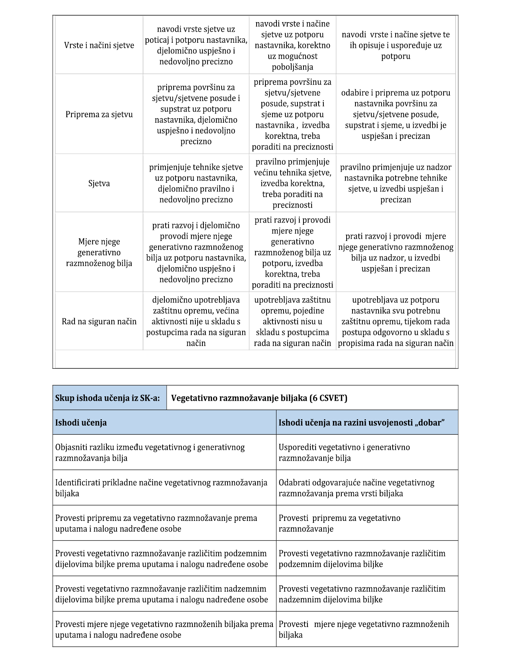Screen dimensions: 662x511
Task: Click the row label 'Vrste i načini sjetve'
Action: (x=99, y=45)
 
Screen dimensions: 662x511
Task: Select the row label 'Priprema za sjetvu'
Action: (x=99, y=114)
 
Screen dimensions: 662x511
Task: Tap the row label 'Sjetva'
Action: (x=99, y=183)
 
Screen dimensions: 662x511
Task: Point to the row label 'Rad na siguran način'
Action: (x=99, y=321)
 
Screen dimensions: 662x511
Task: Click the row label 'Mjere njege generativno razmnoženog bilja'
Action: (x=99, y=252)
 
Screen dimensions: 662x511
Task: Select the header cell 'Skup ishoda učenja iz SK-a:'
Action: (x=109, y=398)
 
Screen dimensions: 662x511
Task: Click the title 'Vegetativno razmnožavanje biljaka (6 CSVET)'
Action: (x=259, y=398)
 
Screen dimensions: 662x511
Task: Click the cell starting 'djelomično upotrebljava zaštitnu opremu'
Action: (x=196, y=321)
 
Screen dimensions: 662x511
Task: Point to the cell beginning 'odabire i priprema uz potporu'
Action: (x=396, y=114)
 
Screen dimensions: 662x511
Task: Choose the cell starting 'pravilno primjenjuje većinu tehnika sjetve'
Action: (x=292, y=183)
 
